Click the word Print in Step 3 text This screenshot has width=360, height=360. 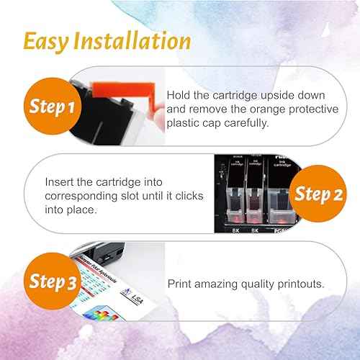coord(181,284)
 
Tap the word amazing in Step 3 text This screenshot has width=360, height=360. coord(222,284)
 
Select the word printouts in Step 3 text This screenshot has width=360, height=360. coord(300,284)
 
